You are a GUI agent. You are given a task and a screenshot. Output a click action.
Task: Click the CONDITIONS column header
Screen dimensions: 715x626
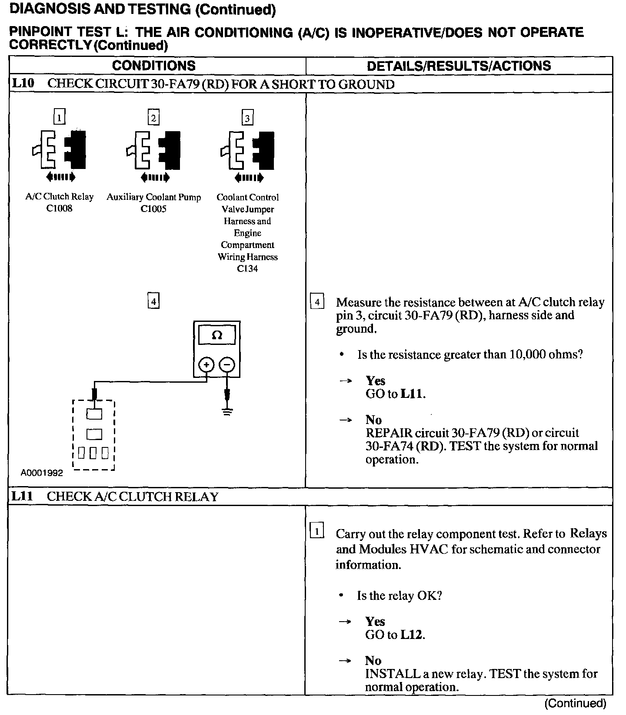[153, 66]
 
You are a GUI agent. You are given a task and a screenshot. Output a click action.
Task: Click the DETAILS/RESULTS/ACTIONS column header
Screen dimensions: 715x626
[459, 66]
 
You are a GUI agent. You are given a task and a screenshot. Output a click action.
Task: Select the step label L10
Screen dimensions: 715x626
[23, 83]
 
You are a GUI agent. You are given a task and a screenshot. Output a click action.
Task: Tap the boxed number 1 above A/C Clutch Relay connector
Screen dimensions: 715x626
[59, 117]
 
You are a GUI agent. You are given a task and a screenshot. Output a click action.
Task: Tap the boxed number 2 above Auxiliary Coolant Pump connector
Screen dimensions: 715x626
[153, 118]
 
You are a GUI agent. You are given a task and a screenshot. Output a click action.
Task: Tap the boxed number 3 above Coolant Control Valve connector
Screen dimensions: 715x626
[247, 118]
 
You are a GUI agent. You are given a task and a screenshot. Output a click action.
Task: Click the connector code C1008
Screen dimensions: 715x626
[59, 209]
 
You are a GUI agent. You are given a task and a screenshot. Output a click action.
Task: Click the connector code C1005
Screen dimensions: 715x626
[153, 209]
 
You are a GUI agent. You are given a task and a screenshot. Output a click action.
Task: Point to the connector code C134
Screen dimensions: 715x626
[247, 269]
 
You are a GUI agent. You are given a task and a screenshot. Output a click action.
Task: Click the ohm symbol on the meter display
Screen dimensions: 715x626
[216, 335]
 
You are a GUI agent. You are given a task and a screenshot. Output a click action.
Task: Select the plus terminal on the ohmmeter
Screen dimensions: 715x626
[206, 365]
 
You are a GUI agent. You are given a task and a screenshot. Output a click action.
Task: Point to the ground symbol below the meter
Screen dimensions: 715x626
[227, 411]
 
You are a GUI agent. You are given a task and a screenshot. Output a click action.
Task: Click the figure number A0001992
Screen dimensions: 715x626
[42, 473]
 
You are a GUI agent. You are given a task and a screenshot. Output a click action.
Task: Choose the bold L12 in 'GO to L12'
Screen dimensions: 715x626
[411, 635]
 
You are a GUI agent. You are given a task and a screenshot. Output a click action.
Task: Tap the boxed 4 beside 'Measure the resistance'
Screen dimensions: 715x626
[317, 301]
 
